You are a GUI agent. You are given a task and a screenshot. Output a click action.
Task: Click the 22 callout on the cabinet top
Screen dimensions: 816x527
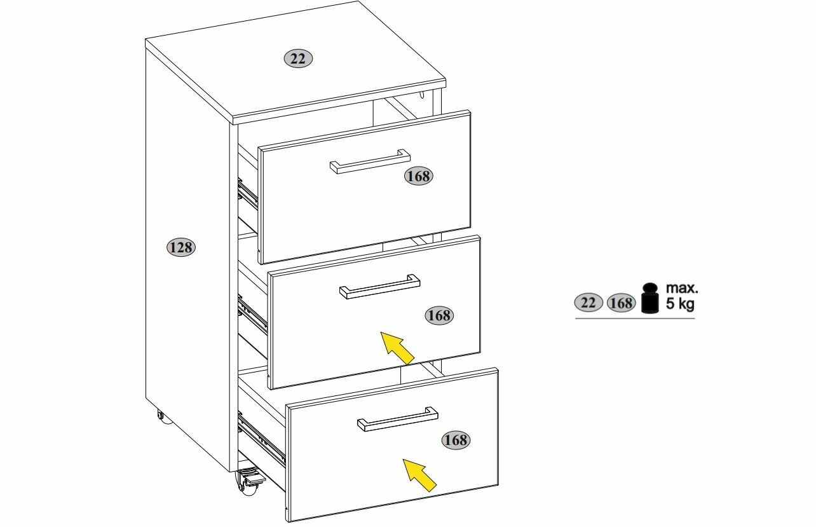point(297,59)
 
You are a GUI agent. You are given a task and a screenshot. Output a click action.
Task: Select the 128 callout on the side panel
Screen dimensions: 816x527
point(181,247)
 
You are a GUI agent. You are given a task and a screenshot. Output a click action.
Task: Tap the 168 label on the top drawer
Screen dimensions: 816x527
point(418,177)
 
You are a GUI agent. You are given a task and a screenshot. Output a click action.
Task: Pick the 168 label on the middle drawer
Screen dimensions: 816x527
point(439,315)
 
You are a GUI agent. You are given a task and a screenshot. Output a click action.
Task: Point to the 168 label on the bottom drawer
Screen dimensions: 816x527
point(455,439)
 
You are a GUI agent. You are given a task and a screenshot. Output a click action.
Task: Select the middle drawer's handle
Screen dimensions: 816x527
point(379,287)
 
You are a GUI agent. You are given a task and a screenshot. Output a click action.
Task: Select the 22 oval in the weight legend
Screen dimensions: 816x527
point(588,303)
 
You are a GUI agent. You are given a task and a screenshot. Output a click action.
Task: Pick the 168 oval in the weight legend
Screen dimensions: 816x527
point(620,303)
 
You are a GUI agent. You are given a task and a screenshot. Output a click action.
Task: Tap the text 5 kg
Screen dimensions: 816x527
point(680,304)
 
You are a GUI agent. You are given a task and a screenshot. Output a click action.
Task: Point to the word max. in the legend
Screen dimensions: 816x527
point(681,289)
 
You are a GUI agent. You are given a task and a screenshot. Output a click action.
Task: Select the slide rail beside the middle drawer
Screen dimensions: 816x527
point(252,315)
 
